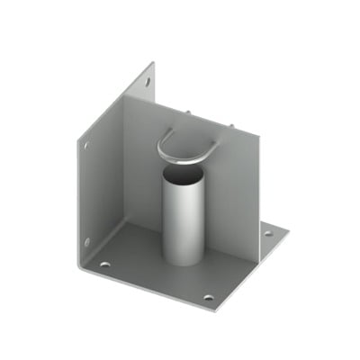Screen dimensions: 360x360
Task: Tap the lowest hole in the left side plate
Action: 86,240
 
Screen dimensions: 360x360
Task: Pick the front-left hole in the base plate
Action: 105,265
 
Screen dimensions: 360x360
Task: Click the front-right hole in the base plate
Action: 208,297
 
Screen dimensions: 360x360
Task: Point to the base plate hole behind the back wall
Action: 268,236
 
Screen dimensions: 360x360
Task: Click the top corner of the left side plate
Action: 152,62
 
